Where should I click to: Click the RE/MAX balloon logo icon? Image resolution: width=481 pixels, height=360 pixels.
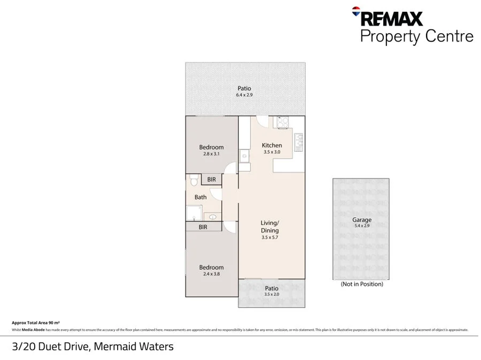point(356,11)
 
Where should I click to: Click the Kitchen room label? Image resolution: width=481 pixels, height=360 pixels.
point(271,145)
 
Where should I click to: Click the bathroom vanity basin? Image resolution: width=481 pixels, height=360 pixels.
point(213,217)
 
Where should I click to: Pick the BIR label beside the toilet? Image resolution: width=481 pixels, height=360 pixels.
point(212,180)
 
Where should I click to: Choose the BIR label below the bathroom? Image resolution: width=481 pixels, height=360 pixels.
point(203,227)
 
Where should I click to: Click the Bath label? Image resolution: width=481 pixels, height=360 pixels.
point(200,197)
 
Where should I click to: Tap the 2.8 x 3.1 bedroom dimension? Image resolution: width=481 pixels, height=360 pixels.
point(211,154)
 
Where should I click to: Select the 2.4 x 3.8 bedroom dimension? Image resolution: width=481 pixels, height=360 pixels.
point(211,274)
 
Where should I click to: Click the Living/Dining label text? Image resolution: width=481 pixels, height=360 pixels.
point(269,226)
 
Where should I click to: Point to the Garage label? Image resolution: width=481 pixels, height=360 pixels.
point(361,220)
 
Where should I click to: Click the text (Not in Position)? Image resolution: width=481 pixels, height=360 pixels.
point(362,284)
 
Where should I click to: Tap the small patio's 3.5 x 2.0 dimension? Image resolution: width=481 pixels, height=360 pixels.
point(271,294)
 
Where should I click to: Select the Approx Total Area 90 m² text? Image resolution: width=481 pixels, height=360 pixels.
point(35,323)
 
